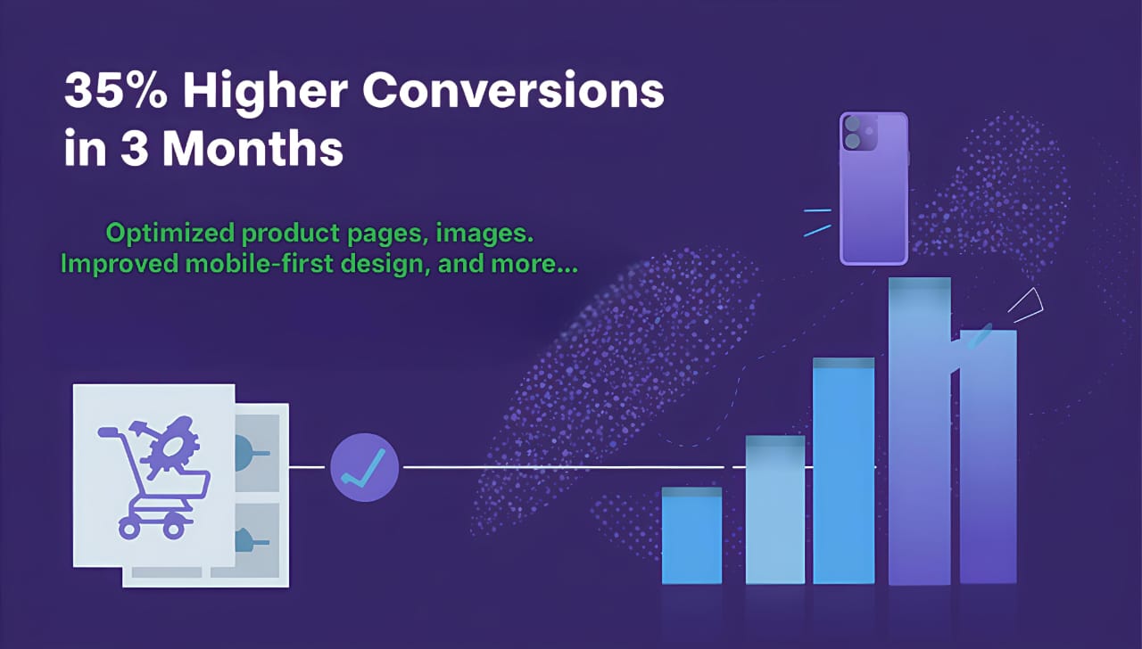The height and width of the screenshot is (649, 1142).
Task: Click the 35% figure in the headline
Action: [x=116, y=91]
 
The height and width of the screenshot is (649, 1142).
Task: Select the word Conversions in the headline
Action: [x=513, y=91]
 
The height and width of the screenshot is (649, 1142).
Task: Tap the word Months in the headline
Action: [x=252, y=148]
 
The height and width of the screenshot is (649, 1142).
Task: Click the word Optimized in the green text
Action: [x=170, y=234]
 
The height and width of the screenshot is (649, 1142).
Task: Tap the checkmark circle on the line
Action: [x=364, y=467]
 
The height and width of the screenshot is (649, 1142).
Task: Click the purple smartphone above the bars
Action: [x=873, y=188]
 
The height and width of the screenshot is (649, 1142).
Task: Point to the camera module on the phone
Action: [x=858, y=133]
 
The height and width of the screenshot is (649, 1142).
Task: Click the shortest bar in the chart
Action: [x=691, y=536]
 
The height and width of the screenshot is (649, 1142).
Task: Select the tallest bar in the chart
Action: [x=919, y=431]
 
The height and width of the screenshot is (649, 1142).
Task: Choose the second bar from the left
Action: [x=775, y=509]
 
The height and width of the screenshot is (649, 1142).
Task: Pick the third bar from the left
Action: [x=844, y=471]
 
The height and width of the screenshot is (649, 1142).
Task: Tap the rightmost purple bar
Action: [x=988, y=456]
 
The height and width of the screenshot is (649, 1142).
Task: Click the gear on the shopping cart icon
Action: [x=170, y=448]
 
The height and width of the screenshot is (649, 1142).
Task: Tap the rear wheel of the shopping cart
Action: [x=128, y=530]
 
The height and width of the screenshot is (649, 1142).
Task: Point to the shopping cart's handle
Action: [x=109, y=432]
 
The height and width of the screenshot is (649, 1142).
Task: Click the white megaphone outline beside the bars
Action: [x=1026, y=305]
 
